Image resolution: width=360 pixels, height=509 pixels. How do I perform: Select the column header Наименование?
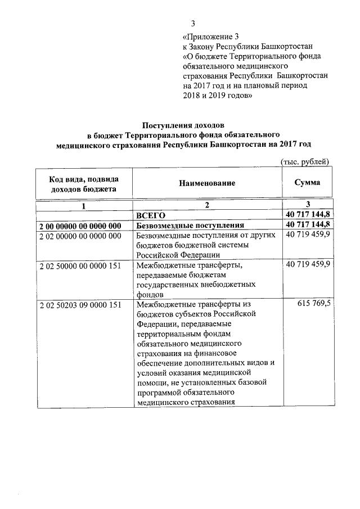click(207, 183)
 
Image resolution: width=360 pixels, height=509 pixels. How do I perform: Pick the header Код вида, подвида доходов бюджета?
click(84, 184)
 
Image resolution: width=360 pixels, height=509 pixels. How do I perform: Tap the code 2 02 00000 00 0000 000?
click(80, 236)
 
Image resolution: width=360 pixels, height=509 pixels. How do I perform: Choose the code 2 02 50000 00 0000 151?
click(80, 264)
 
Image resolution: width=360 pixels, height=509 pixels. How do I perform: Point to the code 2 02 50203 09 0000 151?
click(80, 305)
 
